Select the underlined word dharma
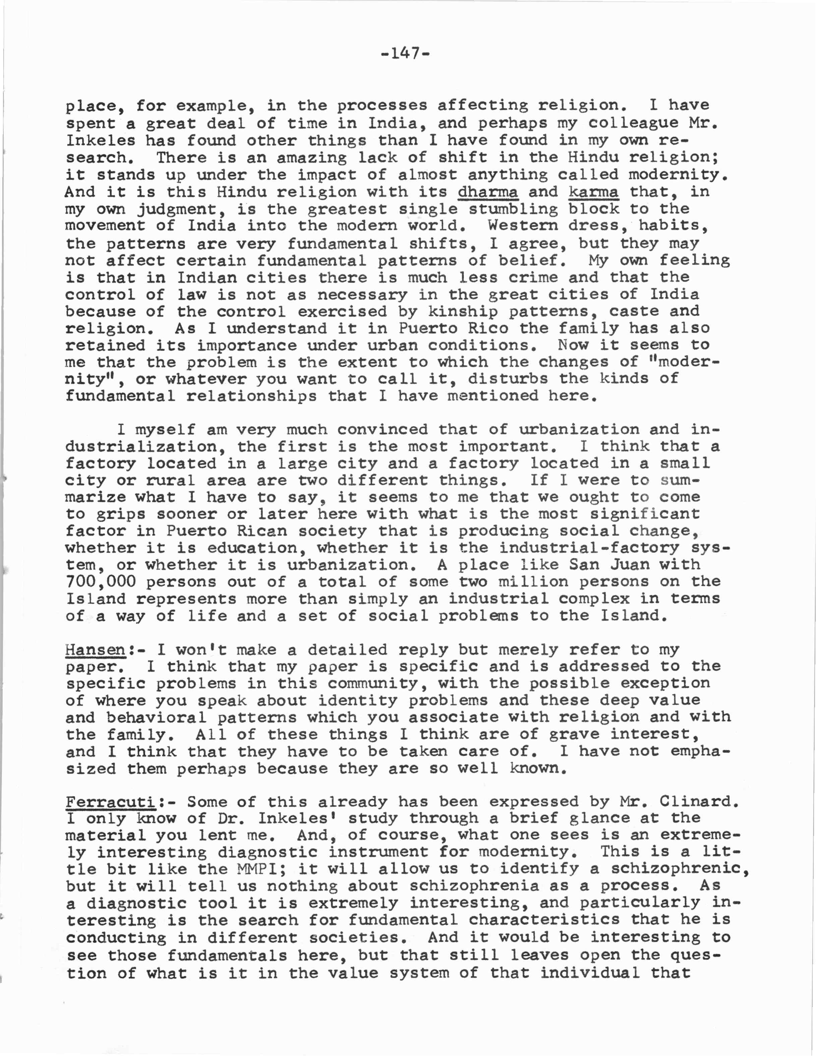click(487, 192)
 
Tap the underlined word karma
click(593, 192)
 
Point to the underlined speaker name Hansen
click(95, 649)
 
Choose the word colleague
click(634, 123)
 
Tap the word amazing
click(312, 158)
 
